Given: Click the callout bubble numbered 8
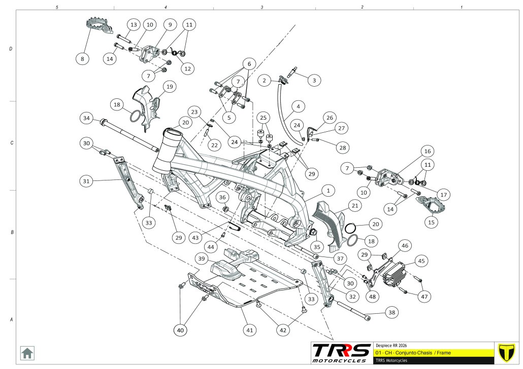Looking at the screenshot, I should point(83,59).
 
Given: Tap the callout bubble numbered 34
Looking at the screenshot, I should point(87,118).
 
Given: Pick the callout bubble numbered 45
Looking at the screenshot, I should point(421,261).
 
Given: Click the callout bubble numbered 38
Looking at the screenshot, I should point(391,313).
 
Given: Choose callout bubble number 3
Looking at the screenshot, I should point(314,80).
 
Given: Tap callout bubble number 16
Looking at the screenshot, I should point(427,151).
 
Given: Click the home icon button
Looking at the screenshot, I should point(27,352).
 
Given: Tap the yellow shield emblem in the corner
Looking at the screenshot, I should point(505,352).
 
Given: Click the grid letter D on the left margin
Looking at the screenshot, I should point(11,49).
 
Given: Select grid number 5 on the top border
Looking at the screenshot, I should point(57,8).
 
